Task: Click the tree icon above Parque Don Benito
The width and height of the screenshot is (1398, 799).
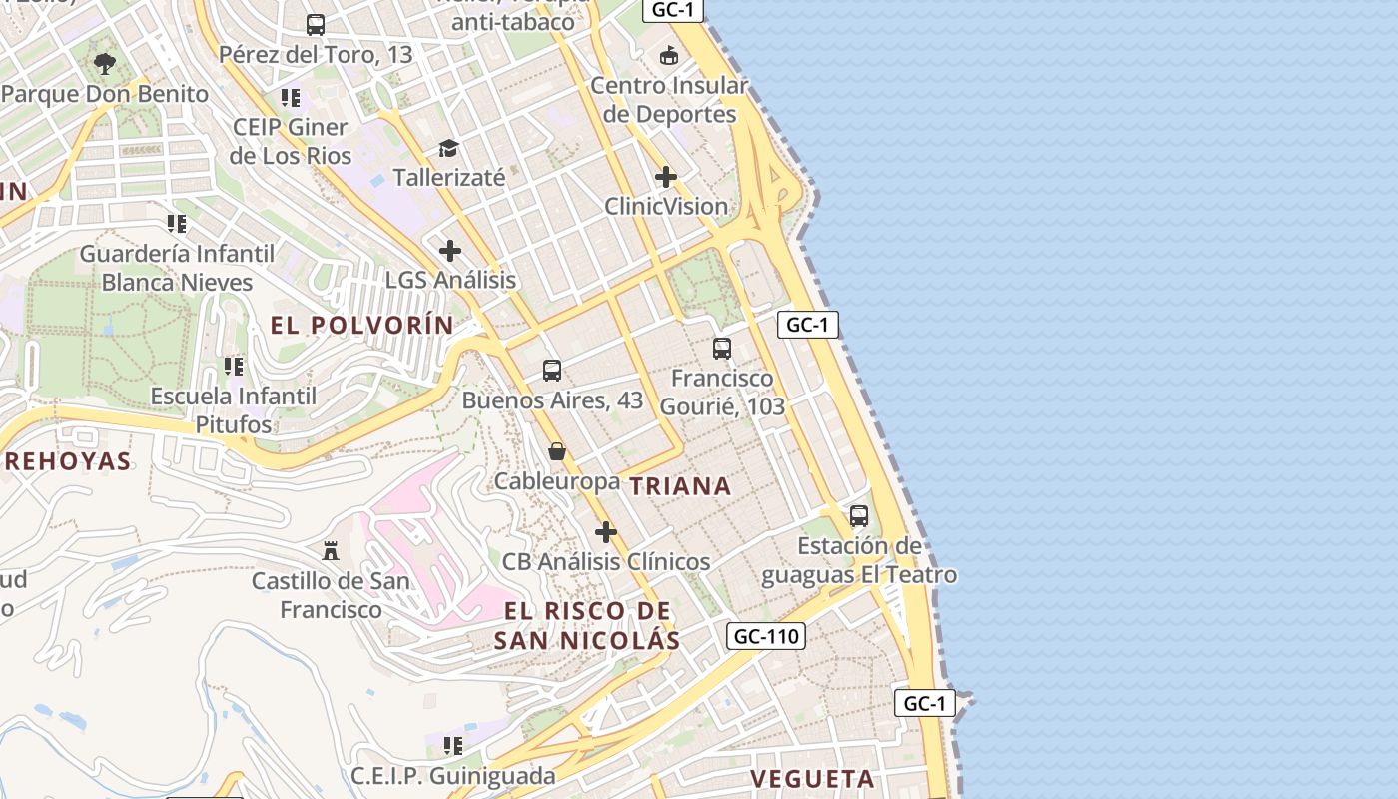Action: click(x=104, y=65)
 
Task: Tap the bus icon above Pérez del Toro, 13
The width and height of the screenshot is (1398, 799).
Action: click(x=316, y=25)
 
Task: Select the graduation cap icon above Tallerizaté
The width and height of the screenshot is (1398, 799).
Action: click(x=448, y=149)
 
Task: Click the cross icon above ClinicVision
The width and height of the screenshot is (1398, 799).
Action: click(x=666, y=178)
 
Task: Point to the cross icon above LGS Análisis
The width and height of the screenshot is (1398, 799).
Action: click(x=450, y=250)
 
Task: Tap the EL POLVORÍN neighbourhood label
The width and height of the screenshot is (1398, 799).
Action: click(x=361, y=325)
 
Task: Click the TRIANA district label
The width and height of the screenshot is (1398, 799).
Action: click(x=680, y=486)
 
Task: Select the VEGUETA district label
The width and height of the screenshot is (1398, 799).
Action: click(x=812, y=779)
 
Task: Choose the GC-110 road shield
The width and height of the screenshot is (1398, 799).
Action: click(x=766, y=636)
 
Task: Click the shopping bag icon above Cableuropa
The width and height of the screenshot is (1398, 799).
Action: click(x=557, y=452)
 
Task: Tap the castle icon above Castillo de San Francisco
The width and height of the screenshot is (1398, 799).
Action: click(x=330, y=550)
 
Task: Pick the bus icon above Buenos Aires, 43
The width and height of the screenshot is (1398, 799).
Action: click(x=552, y=371)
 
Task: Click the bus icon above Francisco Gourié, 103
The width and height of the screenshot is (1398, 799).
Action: click(x=722, y=349)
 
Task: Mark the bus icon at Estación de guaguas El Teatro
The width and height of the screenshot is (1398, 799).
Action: click(x=859, y=516)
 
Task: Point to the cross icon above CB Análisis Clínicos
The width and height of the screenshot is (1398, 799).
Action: click(x=605, y=532)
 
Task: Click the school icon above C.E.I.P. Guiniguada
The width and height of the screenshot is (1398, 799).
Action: click(x=453, y=745)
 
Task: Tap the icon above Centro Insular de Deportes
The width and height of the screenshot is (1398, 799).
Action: click(x=668, y=55)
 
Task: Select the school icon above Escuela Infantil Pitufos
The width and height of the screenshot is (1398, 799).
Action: click(x=234, y=367)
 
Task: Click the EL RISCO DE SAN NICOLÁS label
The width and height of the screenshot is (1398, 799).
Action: click(x=587, y=626)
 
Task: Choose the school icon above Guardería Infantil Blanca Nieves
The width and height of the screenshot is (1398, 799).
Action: click(x=177, y=223)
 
